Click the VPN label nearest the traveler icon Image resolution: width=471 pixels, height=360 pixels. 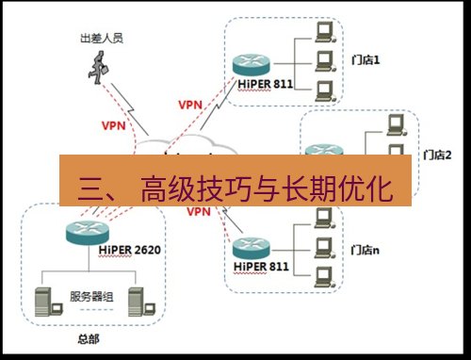112,124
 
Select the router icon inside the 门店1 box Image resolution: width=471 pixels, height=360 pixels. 250,64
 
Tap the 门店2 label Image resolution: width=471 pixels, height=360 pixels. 439,155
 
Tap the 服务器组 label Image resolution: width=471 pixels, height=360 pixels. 91,296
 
